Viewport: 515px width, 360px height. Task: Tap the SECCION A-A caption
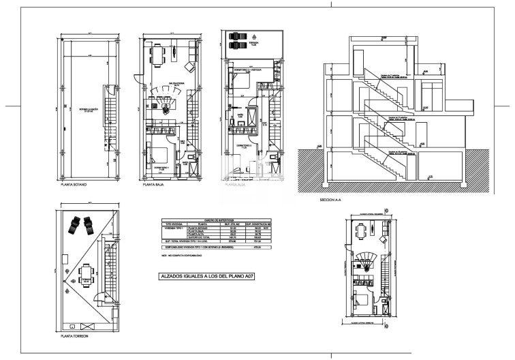pyautogui.click(x=332, y=200)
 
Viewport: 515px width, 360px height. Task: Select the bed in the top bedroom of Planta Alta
pyautogui.click(x=242, y=80)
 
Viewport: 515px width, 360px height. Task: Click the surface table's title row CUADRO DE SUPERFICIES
pyautogui.click(x=211, y=220)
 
